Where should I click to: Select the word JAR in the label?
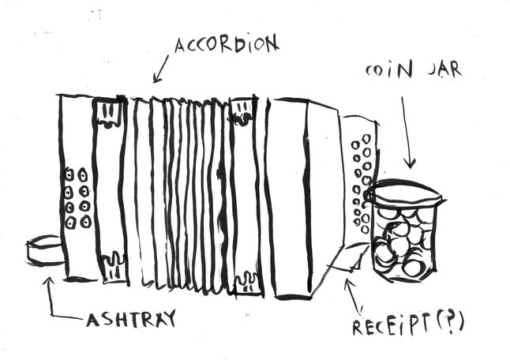pyautogui.click(x=444, y=69)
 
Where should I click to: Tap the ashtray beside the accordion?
pyautogui.click(x=44, y=251)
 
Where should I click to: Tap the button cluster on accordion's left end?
pyautogui.click(x=77, y=197)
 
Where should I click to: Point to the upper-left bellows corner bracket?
pyautogui.click(x=110, y=114)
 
